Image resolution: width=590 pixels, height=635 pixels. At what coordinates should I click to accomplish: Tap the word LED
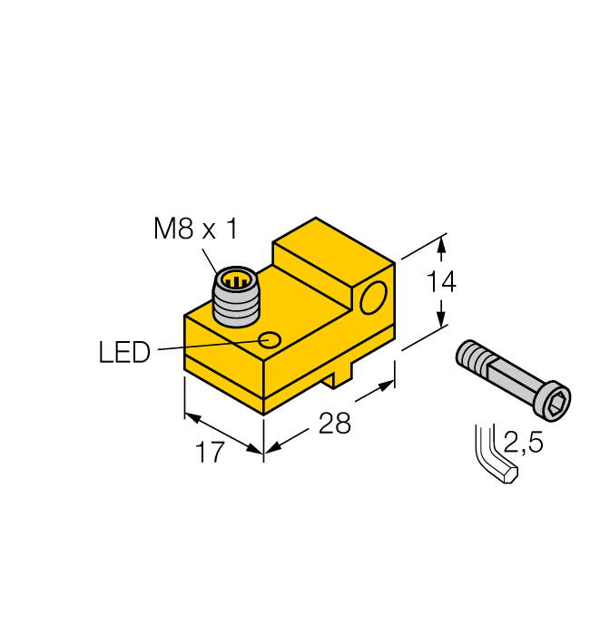click(x=123, y=351)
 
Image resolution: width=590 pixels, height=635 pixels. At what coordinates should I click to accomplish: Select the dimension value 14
click(x=441, y=282)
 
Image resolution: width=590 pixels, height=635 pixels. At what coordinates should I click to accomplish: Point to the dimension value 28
click(x=335, y=423)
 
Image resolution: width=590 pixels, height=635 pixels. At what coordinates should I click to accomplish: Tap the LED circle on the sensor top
click(x=270, y=340)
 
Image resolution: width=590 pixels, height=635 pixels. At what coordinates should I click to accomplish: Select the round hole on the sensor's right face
click(x=372, y=298)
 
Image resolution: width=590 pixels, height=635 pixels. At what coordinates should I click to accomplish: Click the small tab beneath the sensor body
click(x=338, y=376)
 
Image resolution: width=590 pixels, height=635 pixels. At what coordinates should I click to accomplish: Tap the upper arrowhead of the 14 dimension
click(x=442, y=242)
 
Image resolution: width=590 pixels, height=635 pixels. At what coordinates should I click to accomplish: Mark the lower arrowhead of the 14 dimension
click(x=442, y=321)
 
